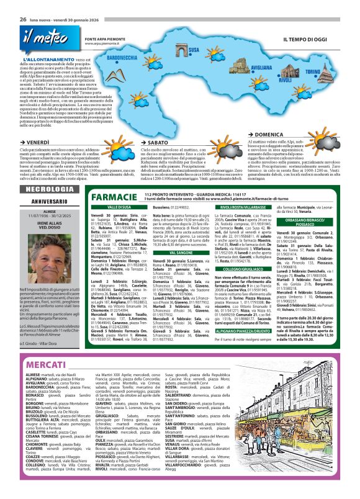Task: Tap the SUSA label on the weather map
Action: pos(194,50)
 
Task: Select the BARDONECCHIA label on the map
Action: pos(126,56)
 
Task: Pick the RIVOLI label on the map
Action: pos(285,80)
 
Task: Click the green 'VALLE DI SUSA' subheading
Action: pos(119,207)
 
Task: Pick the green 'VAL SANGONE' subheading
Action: pos(181,253)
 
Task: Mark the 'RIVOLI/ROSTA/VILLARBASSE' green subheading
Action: pos(243,207)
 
